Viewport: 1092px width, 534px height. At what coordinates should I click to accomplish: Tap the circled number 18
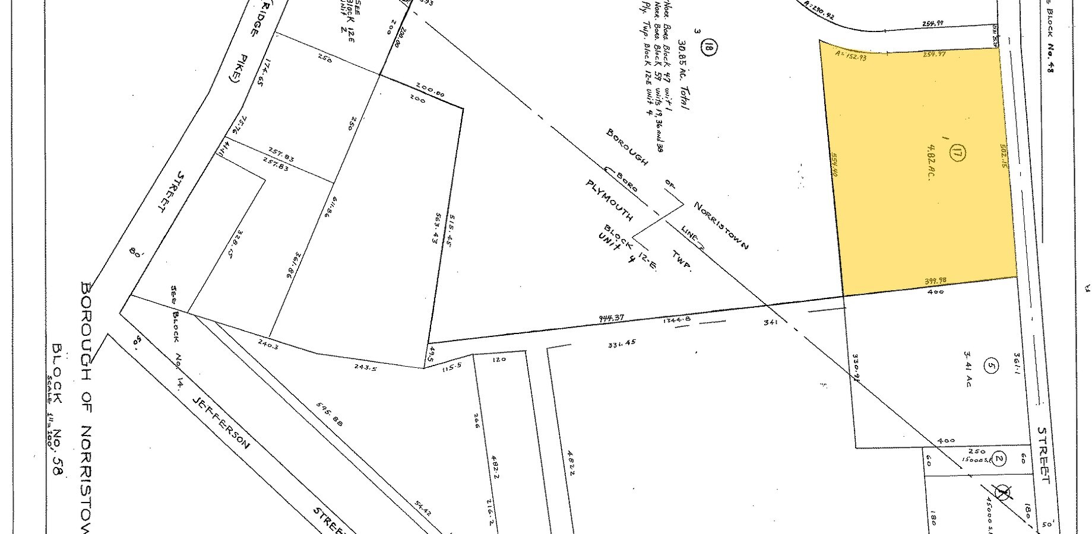707,46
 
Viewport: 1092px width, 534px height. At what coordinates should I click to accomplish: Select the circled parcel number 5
989,366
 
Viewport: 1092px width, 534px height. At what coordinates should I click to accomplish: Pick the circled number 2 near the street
999,458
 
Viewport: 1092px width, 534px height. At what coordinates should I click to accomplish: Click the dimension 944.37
612,318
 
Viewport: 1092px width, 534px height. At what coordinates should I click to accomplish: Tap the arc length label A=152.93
850,58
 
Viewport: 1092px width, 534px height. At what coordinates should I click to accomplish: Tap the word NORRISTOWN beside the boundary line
720,226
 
